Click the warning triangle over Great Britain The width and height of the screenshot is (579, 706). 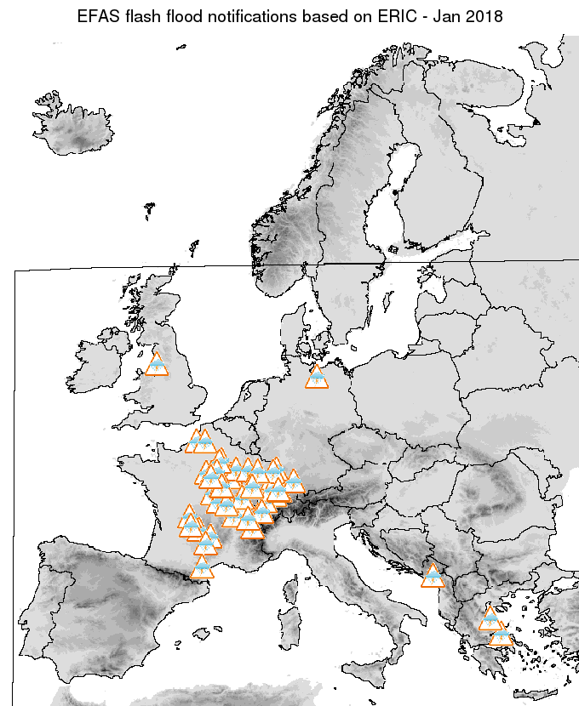(157, 365)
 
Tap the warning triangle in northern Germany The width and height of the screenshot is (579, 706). (317, 377)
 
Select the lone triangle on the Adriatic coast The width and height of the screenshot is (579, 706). (433, 576)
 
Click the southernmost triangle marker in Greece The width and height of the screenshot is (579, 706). (502, 635)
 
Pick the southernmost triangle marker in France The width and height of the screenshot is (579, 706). (202, 567)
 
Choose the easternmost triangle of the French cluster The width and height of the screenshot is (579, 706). (294, 482)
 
